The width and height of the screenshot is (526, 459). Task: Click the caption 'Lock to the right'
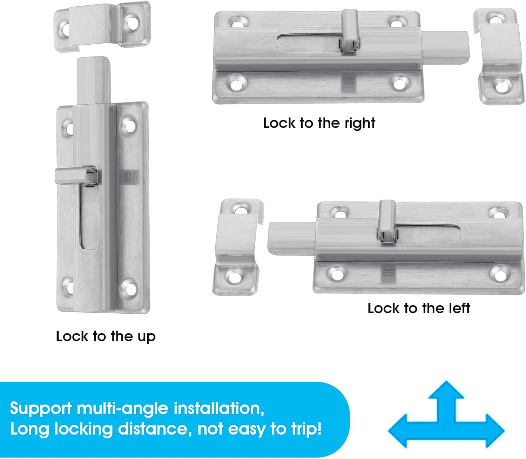(x=319, y=123)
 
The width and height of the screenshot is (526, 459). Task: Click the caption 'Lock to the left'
(x=418, y=308)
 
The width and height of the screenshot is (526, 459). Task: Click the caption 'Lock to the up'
(x=106, y=336)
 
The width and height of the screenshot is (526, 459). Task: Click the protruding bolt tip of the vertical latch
(x=92, y=79)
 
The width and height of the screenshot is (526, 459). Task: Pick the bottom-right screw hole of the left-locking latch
(x=499, y=273)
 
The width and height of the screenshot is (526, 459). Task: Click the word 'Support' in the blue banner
(x=41, y=408)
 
